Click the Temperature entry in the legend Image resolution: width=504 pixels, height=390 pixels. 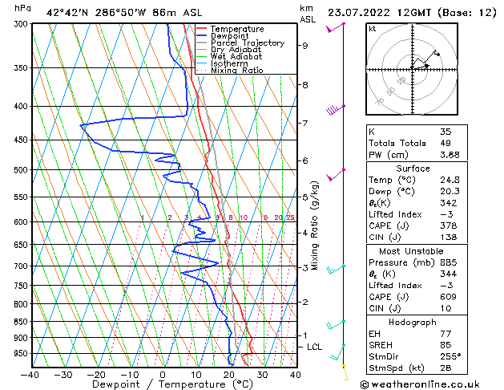point(236,29)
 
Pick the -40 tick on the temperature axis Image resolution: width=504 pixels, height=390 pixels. point(30,374)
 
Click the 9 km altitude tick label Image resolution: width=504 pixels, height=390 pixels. point(304,46)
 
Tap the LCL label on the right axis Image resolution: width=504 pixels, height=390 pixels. point(314,347)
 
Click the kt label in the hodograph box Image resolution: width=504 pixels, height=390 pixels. point(372,28)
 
